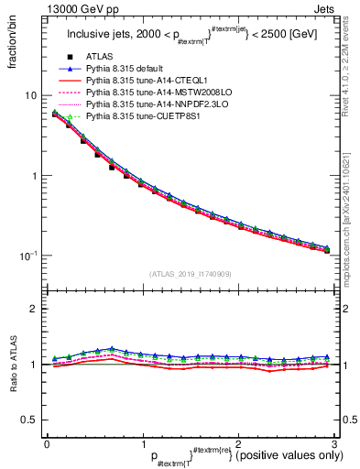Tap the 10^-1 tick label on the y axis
29,255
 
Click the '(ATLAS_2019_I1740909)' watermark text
191,274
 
